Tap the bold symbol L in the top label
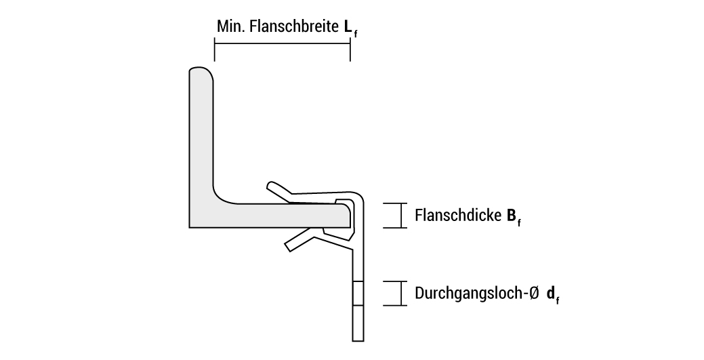coord(348,27)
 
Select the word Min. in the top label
coord(230,27)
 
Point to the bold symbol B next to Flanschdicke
coord(511,216)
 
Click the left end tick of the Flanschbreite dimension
coord(214,50)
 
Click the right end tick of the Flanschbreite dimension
coord(350,50)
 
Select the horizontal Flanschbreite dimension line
coord(282,43)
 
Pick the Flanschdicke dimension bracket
coord(395,216)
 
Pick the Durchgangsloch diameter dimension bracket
coord(395,293)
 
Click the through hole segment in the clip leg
coord(358,293)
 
